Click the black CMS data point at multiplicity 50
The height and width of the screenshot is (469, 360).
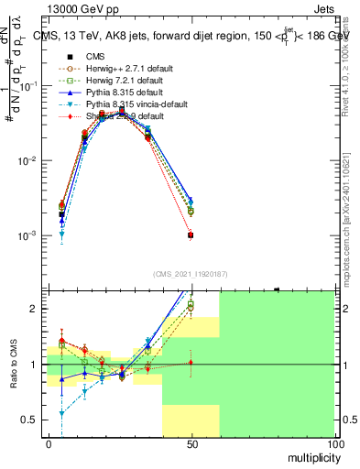click(191, 235)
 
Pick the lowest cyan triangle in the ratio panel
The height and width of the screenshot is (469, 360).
click(61, 414)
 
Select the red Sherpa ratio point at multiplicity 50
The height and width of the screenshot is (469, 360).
click(191, 363)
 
